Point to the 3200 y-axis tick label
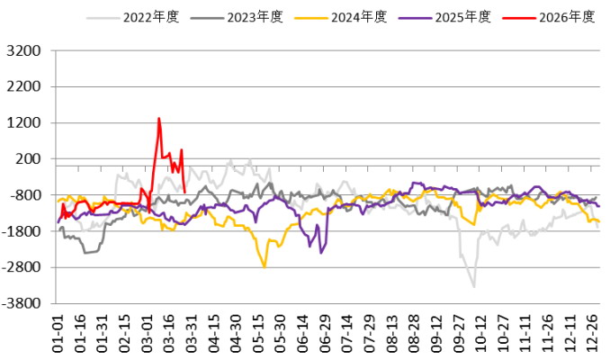coord(25,51)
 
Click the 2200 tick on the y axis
coord(25,87)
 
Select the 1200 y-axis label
coord(25,123)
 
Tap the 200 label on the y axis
coord(29,159)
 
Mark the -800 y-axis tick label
coord(25,195)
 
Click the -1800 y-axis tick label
coord(22,231)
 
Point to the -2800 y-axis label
coord(22,267)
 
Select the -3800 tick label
coord(22,303)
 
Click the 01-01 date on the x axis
coord(59,334)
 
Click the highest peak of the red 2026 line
coord(159,118)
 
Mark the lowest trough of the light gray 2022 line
coord(473,286)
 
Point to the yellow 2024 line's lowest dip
coord(265,266)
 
